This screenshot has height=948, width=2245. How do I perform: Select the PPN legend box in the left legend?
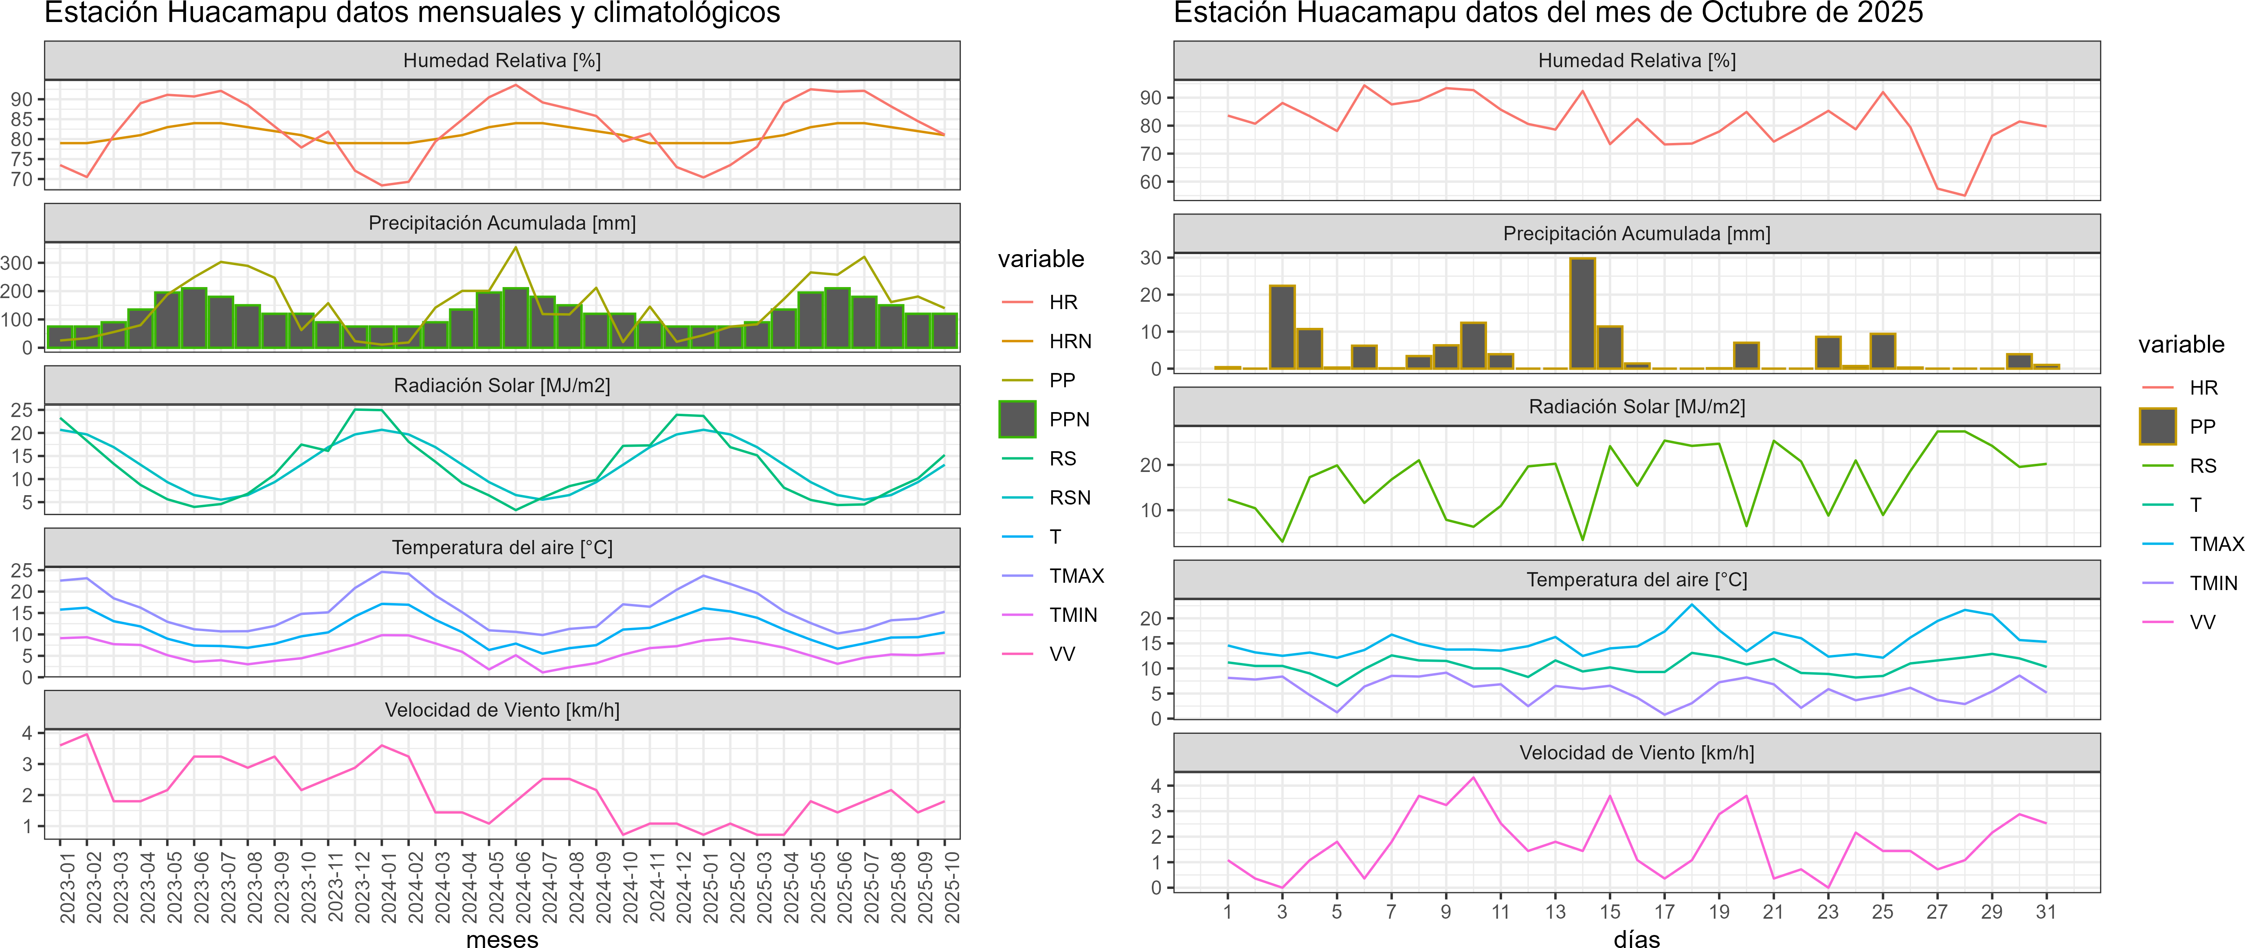tap(1017, 419)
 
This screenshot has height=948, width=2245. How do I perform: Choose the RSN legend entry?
tap(1069, 498)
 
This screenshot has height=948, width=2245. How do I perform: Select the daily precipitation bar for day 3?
tap(1282, 327)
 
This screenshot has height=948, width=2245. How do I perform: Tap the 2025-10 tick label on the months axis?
tap(953, 887)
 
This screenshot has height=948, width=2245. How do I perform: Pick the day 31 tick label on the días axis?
tap(2045, 912)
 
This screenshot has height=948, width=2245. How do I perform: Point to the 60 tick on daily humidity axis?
tap(1150, 182)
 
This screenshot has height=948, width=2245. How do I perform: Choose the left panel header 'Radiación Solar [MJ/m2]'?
tap(502, 385)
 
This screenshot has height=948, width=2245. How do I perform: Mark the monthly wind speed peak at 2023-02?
tap(86, 735)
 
